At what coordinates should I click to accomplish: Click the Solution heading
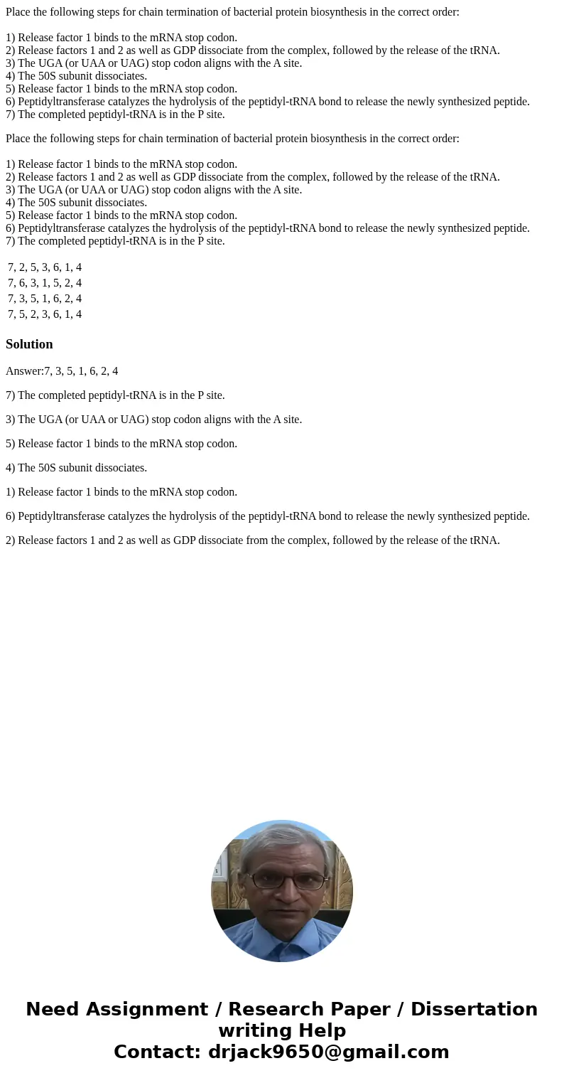click(x=29, y=344)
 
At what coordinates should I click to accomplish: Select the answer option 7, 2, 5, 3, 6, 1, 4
click(x=45, y=267)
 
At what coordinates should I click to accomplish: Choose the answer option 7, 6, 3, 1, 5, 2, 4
click(x=45, y=283)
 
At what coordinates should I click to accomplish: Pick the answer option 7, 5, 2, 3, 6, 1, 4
click(x=45, y=314)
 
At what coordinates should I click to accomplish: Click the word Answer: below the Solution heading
click(x=24, y=371)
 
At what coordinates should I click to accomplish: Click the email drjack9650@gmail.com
click(x=328, y=1052)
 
